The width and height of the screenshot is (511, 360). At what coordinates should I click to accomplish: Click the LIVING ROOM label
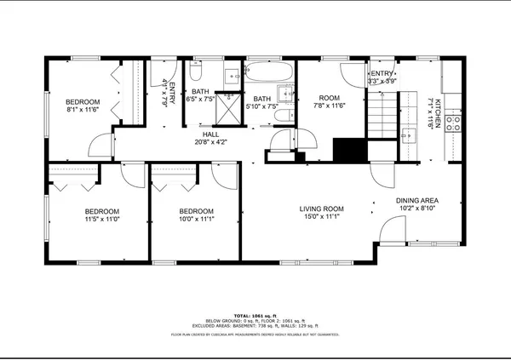click(x=321, y=209)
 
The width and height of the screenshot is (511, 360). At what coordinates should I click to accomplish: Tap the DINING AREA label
click(x=417, y=200)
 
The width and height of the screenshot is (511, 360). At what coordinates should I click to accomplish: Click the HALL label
click(x=210, y=134)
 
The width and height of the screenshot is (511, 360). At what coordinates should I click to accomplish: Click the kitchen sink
click(x=407, y=139)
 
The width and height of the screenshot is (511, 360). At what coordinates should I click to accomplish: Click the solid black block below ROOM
click(x=347, y=149)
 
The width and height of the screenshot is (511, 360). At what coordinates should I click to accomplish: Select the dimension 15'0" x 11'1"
click(x=321, y=217)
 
